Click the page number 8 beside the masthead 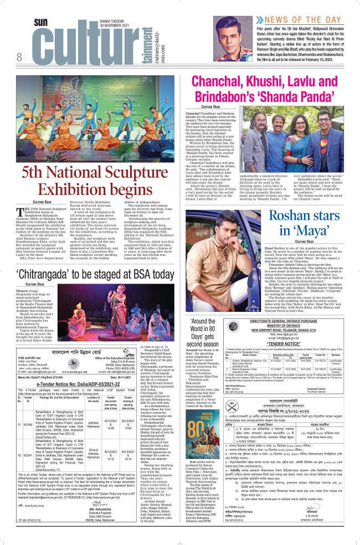click(19, 56)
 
